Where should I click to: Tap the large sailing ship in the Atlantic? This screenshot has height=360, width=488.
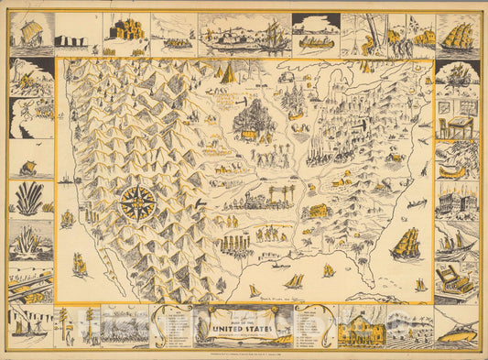pyautogui.click(x=405, y=244)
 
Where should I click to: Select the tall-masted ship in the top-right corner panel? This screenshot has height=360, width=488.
pyautogui.click(x=458, y=36)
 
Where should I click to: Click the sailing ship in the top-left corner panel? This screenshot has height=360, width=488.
pyautogui.click(x=30, y=36)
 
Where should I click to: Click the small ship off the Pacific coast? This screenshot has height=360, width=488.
pyautogui.click(x=67, y=219)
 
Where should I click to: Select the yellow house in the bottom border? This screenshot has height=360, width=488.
pyautogui.click(x=360, y=327)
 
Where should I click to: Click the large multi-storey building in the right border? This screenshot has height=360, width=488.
pyautogui.click(x=457, y=199)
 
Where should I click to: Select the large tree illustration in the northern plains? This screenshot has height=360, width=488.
pyautogui.click(x=249, y=118)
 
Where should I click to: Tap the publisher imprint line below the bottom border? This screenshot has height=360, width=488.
pyautogui.click(x=244, y=353)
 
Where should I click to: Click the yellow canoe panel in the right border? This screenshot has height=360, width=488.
pyautogui.click(x=457, y=167)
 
